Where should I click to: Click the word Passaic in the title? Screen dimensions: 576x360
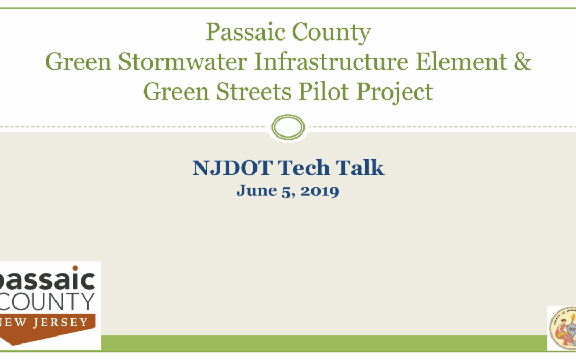tap(245, 33)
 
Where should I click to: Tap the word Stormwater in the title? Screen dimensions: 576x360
tap(182, 62)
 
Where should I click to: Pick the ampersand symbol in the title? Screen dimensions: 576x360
tap(522, 62)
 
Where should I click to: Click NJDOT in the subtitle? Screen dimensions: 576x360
tap(232, 168)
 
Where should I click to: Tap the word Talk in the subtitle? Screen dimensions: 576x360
tap(359, 168)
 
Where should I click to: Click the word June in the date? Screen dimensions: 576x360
tap(257, 190)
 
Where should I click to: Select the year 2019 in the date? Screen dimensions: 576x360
tap(319, 191)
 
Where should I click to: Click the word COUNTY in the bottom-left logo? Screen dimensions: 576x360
tap(47, 302)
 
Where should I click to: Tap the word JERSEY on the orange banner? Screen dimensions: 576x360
tap(61, 323)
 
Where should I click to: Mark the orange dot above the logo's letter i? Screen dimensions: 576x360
tap(75, 268)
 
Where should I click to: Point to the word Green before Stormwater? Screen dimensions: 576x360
tap(78, 62)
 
